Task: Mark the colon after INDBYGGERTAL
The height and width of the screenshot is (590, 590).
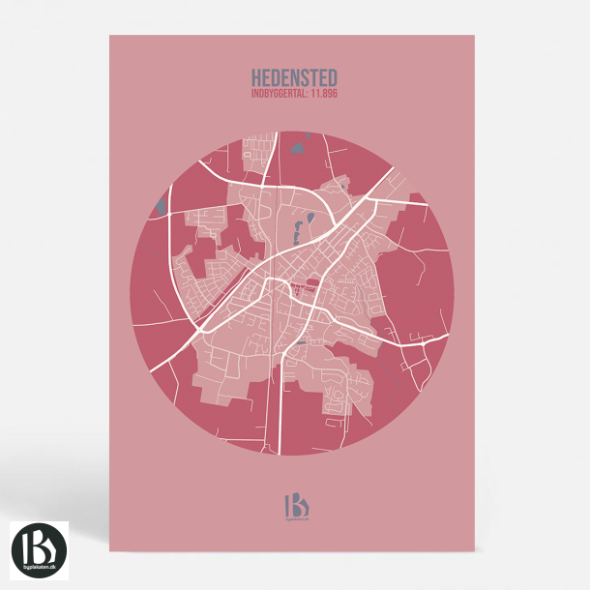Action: (308, 94)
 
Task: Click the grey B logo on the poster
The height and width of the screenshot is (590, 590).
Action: (294, 503)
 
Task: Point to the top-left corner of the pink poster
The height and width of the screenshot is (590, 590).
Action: (109, 36)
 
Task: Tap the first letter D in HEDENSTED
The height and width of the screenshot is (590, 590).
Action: (277, 75)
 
